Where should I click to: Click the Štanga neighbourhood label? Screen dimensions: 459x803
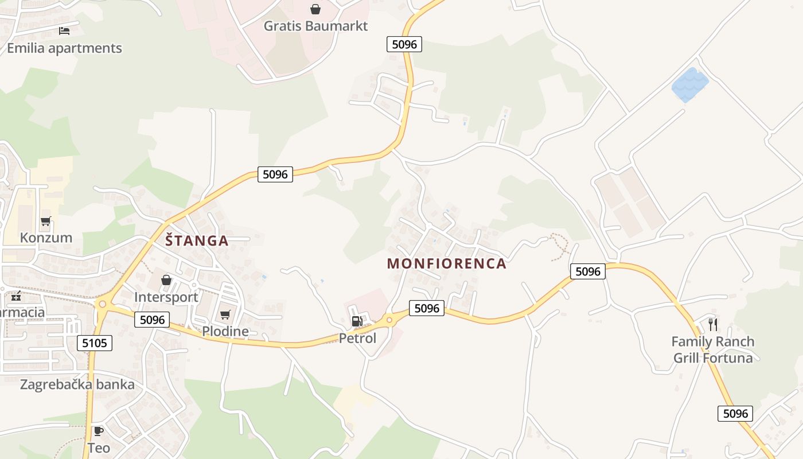(x=197, y=241)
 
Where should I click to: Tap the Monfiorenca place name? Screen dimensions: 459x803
(x=447, y=264)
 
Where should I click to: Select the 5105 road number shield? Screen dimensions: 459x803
(x=94, y=344)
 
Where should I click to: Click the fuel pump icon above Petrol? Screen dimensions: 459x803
(x=357, y=322)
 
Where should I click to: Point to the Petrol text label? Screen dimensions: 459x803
(x=357, y=339)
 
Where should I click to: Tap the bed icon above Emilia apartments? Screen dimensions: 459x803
(x=64, y=30)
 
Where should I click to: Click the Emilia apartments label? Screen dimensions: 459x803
(x=64, y=48)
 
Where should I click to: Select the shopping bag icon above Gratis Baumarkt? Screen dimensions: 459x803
(x=315, y=9)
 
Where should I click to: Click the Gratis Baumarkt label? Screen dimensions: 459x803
(x=315, y=26)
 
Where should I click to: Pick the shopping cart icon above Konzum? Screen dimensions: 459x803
(x=46, y=221)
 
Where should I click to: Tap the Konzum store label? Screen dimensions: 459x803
(x=46, y=238)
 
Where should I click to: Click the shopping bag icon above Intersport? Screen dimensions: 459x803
(x=166, y=280)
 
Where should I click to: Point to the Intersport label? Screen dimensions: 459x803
(x=166, y=297)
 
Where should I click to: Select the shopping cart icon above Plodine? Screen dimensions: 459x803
(x=225, y=314)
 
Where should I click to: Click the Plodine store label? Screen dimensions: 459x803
(x=225, y=332)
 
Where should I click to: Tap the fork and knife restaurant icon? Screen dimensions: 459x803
(x=713, y=325)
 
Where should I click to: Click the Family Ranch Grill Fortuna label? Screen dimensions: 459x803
(x=713, y=350)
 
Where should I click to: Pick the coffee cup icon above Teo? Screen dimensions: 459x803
(x=99, y=430)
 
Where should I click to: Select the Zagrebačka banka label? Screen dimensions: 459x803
(x=77, y=384)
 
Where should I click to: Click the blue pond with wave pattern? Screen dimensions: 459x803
(x=690, y=85)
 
